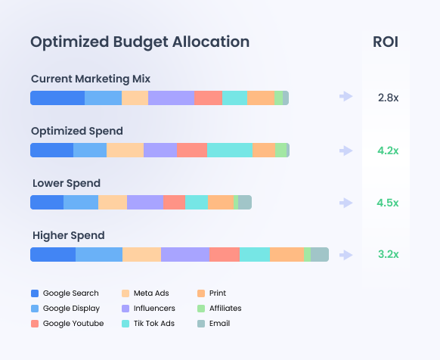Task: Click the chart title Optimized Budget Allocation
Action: pyautogui.click(x=139, y=42)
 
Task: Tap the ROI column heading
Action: pyautogui.click(x=386, y=42)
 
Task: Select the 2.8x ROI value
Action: pyautogui.click(x=388, y=98)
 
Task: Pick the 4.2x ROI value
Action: pyautogui.click(x=388, y=151)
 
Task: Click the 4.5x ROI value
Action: pyautogui.click(x=388, y=203)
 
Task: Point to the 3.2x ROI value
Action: pyautogui.click(x=388, y=255)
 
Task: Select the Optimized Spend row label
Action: pyautogui.click(x=76, y=131)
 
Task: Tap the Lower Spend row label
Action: pyautogui.click(x=67, y=183)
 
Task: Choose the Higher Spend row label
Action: pyautogui.click(x=69, y=235)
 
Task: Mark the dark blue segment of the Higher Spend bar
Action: pyautogui.click(x=53, y=255)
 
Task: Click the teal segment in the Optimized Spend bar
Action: pyautogui.click(x=229, y=151)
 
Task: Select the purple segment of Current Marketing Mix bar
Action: pyautogui.click(x=171, y=98)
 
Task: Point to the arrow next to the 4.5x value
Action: pyautogui.click(x=346, y=203)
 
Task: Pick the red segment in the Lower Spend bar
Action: pyautogui.click(x=174, y=203)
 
